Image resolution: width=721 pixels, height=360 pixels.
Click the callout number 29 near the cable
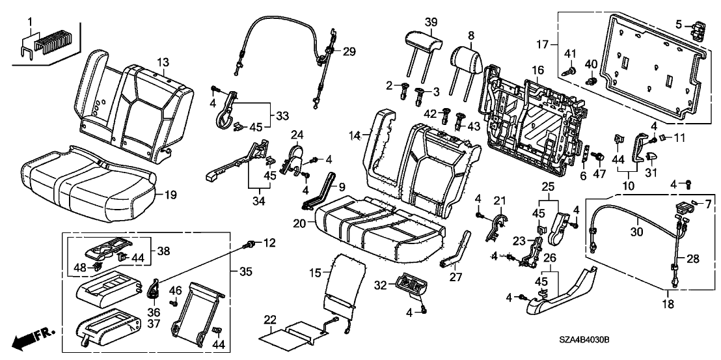pyautogui.click(x=349, y=51)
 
